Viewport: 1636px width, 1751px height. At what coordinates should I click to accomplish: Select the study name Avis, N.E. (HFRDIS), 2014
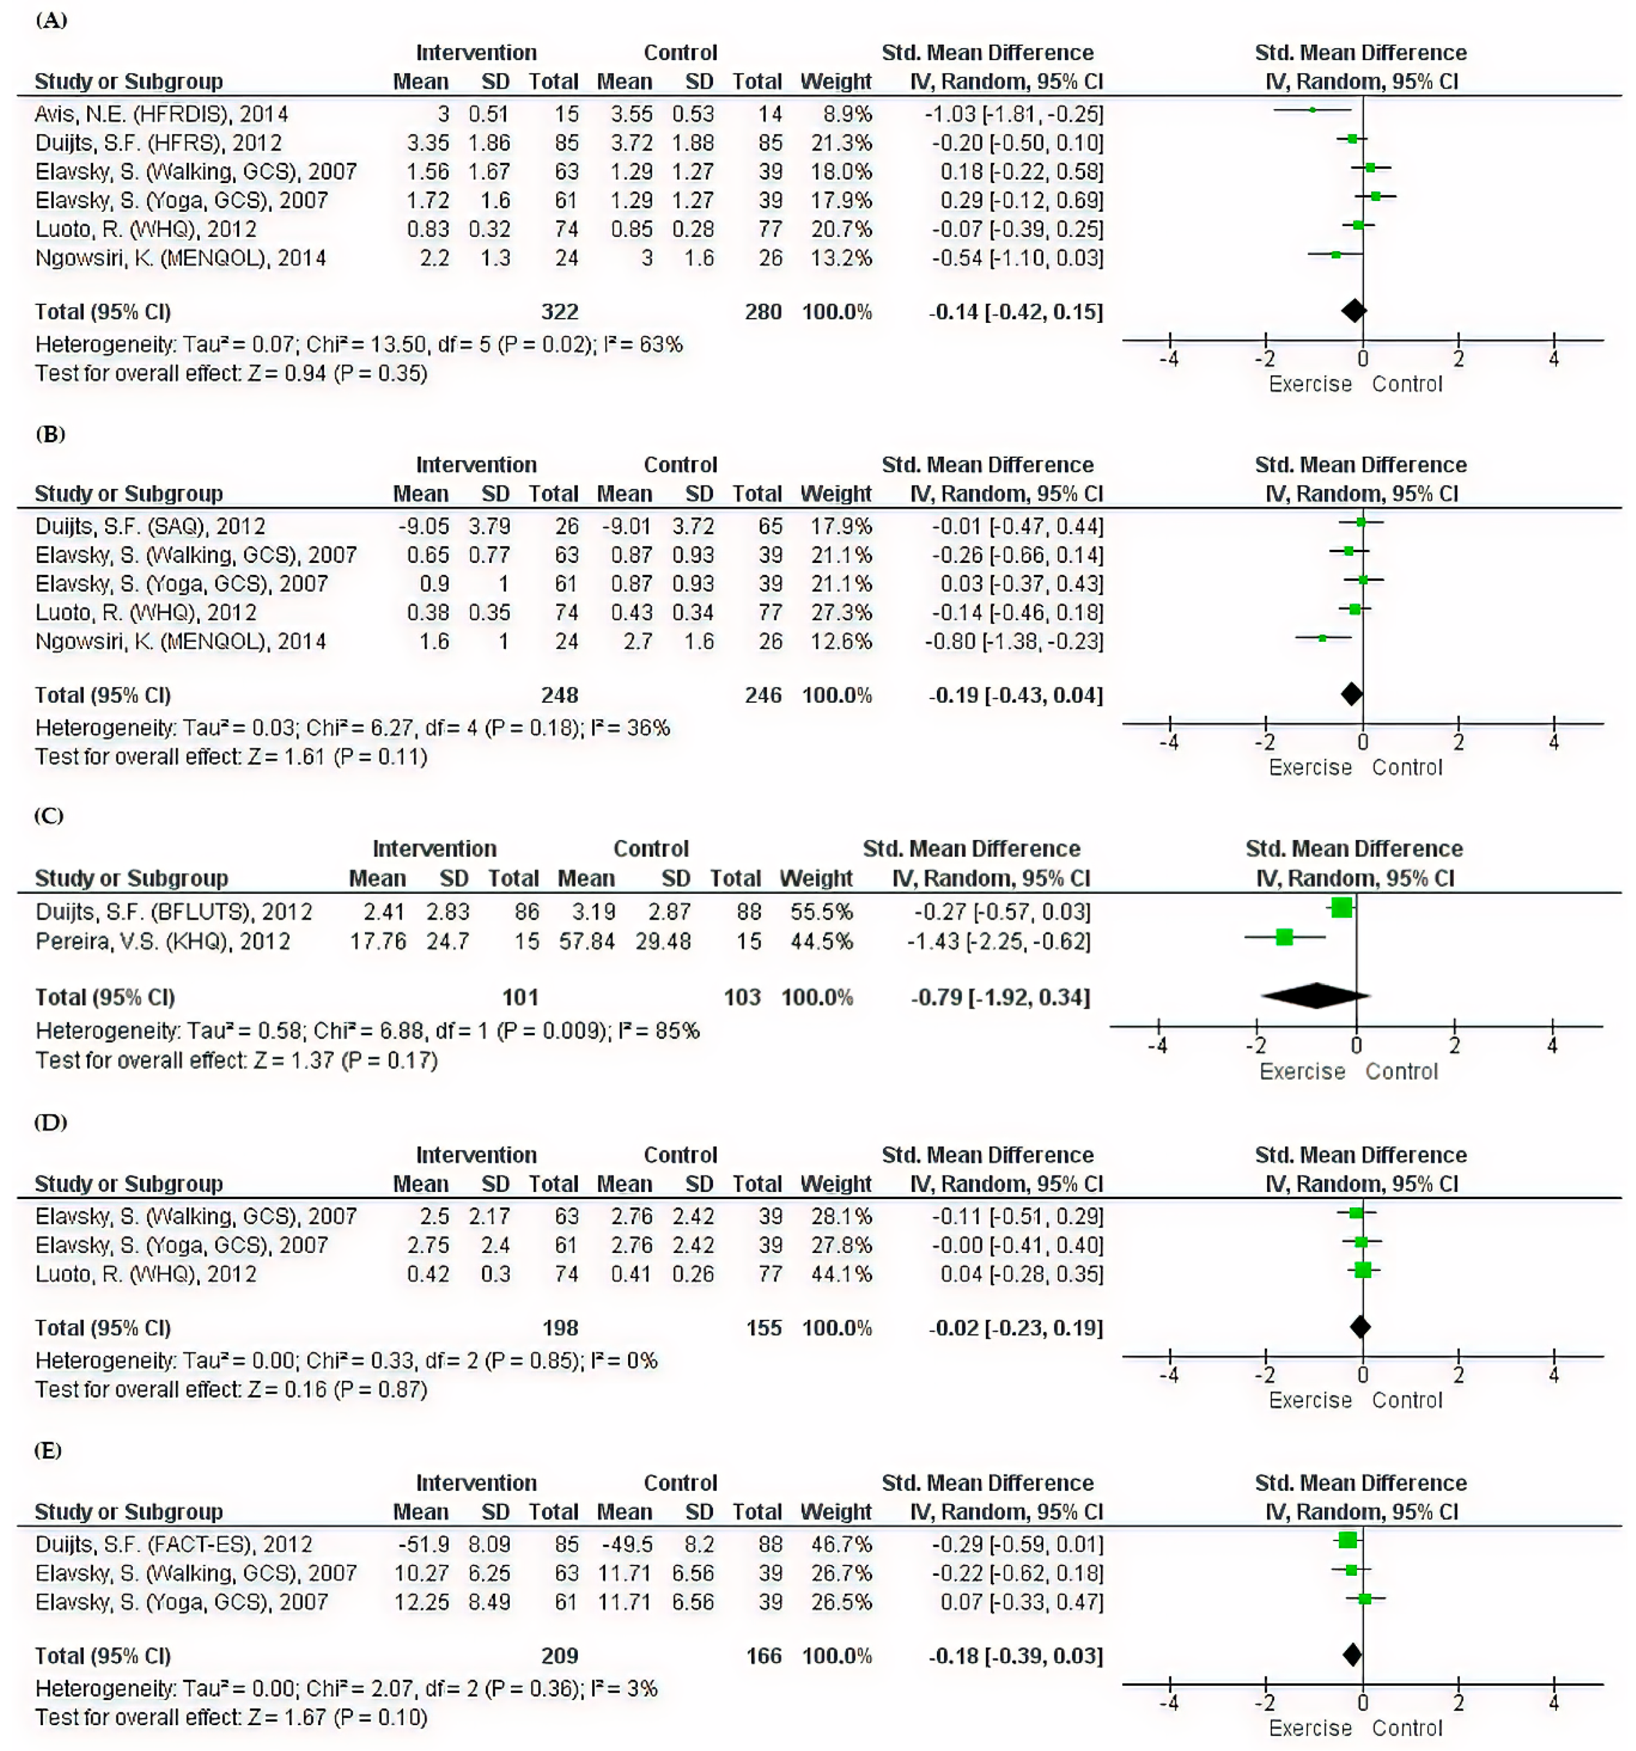(x=161, y=113)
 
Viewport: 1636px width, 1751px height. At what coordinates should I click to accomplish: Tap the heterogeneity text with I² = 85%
(x=367, y=1031)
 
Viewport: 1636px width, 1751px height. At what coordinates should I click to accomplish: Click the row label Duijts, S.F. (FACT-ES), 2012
(x=173, y=1544)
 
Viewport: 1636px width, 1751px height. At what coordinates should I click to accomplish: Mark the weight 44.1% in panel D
(x=841, y=1274)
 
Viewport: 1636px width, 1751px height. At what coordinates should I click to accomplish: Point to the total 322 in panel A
(x=559, y=312)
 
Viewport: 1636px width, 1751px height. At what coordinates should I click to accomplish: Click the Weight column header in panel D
(x=835, y=1184)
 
